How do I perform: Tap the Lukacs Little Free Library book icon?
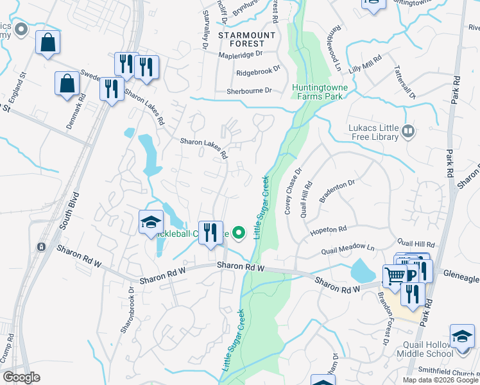click(x=407, y=132)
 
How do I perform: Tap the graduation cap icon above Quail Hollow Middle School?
click(x=461, y=336)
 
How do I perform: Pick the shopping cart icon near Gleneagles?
click(x=395, y=275)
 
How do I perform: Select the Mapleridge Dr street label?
click(x=241, y=55)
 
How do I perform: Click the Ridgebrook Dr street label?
click(x=259, y=71)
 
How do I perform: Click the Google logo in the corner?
click(x=21, y=377)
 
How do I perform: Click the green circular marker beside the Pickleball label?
click(x=239, y=233)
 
